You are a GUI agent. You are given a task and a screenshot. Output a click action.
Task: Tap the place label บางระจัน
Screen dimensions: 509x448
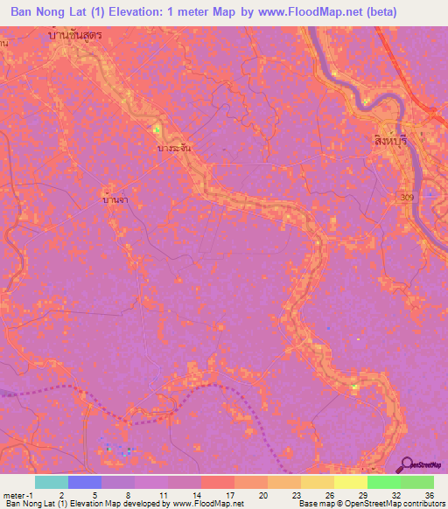[x=173, y=149]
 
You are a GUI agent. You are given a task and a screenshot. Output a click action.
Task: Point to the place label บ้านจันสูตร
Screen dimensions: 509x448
[x=88, y=36]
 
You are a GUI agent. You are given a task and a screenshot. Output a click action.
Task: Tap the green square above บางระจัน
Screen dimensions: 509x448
[x=157, y=130]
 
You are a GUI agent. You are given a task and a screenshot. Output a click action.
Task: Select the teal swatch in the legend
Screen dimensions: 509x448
[x=51, y=482]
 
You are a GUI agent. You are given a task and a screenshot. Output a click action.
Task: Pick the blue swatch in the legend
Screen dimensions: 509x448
[x=84, y=482]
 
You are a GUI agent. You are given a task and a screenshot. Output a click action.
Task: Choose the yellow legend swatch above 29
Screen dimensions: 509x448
[x=350, y=482]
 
